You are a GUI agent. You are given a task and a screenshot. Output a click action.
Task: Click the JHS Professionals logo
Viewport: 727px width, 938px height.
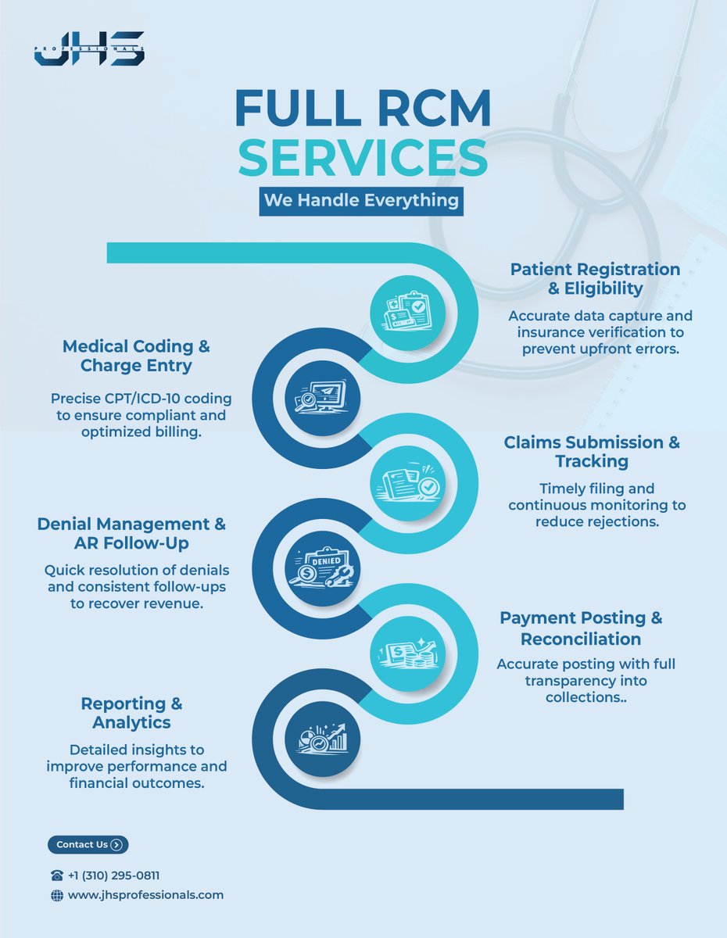pyautogui.click(x=89, y=48)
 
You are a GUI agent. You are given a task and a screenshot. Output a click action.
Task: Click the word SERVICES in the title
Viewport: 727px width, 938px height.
pyautogui.click(x=363, y=156)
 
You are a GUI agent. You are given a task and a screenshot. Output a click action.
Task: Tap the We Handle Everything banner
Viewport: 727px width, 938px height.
pyautogui.click(x=360, y=200)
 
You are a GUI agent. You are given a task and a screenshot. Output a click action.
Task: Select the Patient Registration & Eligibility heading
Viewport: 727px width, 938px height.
pyautogui.click(x=595, y=279)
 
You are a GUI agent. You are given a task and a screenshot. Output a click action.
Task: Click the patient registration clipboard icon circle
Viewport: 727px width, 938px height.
pyautogui.click(x=407, y=312)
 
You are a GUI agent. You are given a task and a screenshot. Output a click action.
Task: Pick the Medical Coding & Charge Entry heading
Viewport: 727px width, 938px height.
pyautogui.click(x=136, y=356)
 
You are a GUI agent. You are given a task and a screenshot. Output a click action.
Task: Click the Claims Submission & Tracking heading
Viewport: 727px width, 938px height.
pyautogui.click(x=592, y=452)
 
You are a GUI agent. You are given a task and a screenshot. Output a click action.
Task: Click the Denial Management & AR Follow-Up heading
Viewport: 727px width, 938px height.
pyautogui.click(x=131, y=534)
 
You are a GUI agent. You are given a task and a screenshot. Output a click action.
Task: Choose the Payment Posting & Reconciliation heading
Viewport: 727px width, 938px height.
pyautogui.click(x=581, y=628)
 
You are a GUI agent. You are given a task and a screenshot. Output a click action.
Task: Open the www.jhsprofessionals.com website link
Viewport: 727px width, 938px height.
pyautogui.click(x=145, y=895)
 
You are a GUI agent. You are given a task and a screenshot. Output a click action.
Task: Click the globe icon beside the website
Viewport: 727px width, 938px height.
pyautogui.click(x=56, y=896)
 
